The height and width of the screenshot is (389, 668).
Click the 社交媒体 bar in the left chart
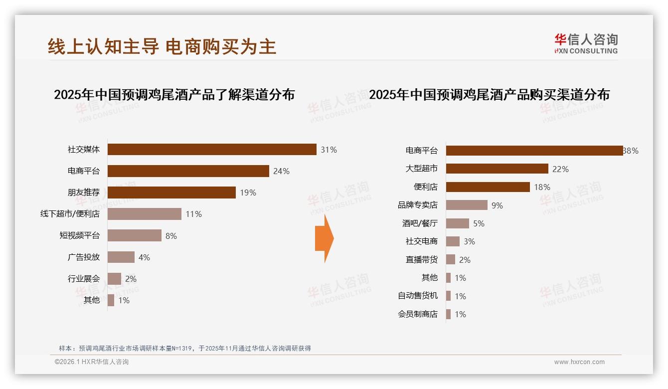tap(212, 150)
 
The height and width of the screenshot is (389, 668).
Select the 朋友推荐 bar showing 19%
tap(171, 193)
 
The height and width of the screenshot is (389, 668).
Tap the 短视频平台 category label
tap(79, 235)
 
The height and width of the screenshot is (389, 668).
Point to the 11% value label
tap(193, 214)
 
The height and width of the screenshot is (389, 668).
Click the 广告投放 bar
tap(121, 257)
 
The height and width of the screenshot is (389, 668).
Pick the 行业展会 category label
tap(84, 278)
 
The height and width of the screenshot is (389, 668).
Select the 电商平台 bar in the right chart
tap(534, 151)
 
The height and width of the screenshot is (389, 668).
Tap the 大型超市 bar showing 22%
tap(497, 169)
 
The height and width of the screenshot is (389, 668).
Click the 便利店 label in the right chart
tap(425, 187)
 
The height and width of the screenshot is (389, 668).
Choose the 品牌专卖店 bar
tap(467, 205)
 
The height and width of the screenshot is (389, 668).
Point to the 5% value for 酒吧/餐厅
tap(479, 223)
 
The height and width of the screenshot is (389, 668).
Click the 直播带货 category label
tap(421, 259)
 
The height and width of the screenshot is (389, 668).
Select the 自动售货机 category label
tap(417, 296)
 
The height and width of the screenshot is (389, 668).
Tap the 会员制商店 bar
tap(448, 314)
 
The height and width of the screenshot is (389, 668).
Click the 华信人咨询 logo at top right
tap(586, 43)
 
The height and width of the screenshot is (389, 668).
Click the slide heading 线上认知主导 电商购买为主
tap(162, 46)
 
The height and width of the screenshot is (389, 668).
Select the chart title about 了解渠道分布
tap(174, 94)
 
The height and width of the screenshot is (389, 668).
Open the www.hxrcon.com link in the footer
tap(579, 362)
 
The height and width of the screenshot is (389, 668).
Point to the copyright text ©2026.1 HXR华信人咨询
tap(92, 362)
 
